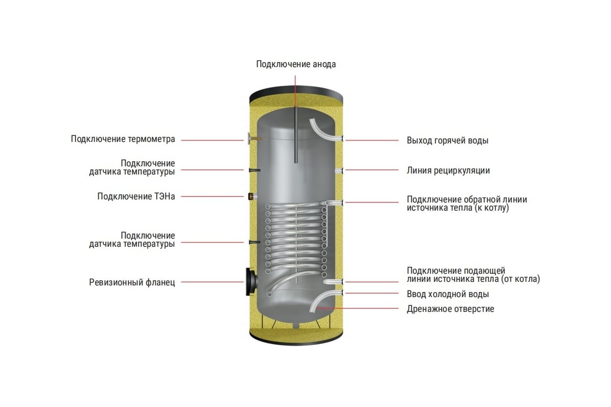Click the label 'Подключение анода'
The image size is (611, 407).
296,64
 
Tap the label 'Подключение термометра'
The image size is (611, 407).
123,139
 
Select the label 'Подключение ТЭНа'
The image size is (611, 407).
136,196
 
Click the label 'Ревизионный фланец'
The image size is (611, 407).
132,282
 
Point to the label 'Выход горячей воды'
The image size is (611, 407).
448,140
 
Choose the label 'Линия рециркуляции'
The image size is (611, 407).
449,170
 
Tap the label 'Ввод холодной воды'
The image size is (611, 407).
448,294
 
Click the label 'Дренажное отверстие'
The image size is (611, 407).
451,309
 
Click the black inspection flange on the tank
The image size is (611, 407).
251,282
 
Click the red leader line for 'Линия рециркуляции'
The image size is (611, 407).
372,170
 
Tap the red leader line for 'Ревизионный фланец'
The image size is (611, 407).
212,282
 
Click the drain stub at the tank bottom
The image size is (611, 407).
296,326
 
